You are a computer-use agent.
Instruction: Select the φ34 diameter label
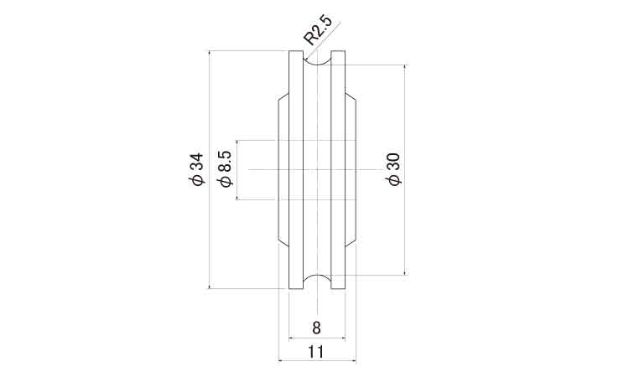click(x=197, y=168)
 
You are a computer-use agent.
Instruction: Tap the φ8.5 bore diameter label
click(x=225, y=168)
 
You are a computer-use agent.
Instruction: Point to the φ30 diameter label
click(x=394, y=169)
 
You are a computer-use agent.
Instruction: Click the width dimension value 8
click(x=316, y=328)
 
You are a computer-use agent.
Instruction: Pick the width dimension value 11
click(x=315, y=352)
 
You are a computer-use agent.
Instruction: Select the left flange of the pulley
click(x=296, y=170)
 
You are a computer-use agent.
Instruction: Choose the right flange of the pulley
click(x=338, y=170)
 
